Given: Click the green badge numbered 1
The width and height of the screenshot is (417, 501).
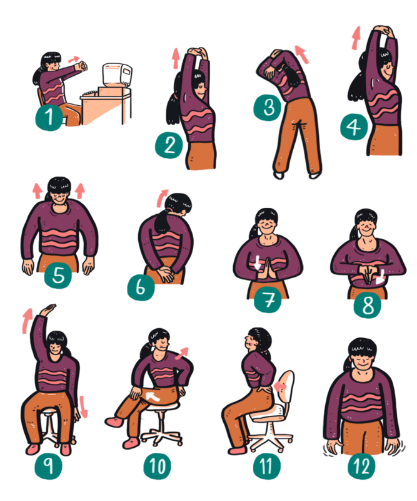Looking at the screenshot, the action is [x=49, y=117].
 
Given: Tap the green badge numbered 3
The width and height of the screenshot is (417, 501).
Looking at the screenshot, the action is [x=268, y=107].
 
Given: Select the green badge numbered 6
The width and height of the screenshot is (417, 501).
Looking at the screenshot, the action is [x=141, y=287].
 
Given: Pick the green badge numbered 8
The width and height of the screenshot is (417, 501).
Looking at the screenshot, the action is [x=367, y=304].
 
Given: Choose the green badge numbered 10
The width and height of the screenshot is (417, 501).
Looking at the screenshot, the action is [x=158, y=466].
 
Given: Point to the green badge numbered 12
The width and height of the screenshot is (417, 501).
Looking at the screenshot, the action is [x=361, y=466].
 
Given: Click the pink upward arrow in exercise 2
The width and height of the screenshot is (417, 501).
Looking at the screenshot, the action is [x=176, y=58].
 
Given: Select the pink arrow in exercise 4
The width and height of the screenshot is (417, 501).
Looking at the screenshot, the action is [x=356, y=38].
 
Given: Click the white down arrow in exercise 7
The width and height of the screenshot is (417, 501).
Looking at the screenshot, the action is [x=258, y=262].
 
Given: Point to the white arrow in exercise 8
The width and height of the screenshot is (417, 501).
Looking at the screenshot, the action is [x=380, y=277].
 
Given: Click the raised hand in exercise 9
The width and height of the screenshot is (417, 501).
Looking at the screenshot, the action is [x=48, y=309].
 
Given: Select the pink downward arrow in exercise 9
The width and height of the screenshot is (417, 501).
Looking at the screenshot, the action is [x=83, y=406].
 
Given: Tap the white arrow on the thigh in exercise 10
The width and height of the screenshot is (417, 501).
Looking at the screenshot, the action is [x=153, y=397].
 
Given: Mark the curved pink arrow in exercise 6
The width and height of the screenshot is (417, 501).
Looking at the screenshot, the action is [x=161, y=198].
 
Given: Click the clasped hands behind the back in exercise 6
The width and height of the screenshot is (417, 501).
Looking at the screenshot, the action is [x=165, y=274].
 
